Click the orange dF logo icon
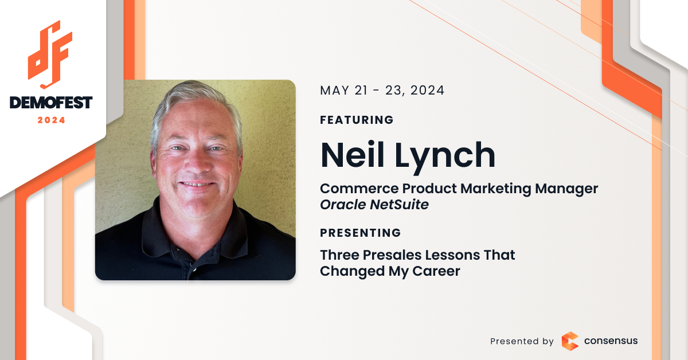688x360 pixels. pos(50,54)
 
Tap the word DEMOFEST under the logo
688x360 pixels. pos(51,103)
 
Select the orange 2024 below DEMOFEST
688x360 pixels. pos(51,120)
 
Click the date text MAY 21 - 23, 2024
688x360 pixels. pos(382,91)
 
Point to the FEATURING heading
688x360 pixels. pos(357,120)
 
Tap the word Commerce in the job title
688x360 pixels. pos(359,188)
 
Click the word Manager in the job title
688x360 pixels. pos(566,189)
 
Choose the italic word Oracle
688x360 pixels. pos(343,205)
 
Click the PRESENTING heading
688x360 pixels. pos(360,233)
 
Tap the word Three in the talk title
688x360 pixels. pos(339,255)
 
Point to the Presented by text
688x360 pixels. pos(522,341)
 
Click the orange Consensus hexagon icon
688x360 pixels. pos(570,341)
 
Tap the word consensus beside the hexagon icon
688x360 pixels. pos(611,341)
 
